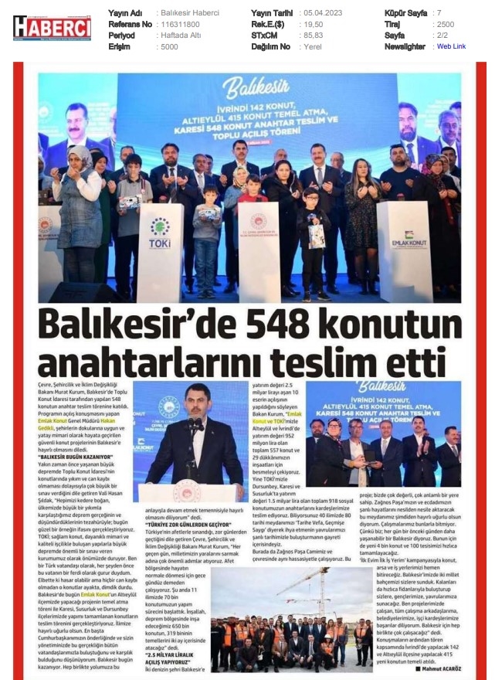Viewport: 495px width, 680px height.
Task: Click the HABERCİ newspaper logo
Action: [x=52, y=29]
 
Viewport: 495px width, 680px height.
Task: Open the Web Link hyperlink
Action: [x=451, y=46]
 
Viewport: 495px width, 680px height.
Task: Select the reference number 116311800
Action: [x=178, y=24]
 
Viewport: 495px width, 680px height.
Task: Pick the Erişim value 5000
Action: [x=169, y=46]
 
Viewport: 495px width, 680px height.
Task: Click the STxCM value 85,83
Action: [x=313, y=36]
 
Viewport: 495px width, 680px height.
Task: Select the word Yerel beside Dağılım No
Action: [x=313, y=46]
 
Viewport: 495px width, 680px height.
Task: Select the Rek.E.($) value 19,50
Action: [x=313, y=24]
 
